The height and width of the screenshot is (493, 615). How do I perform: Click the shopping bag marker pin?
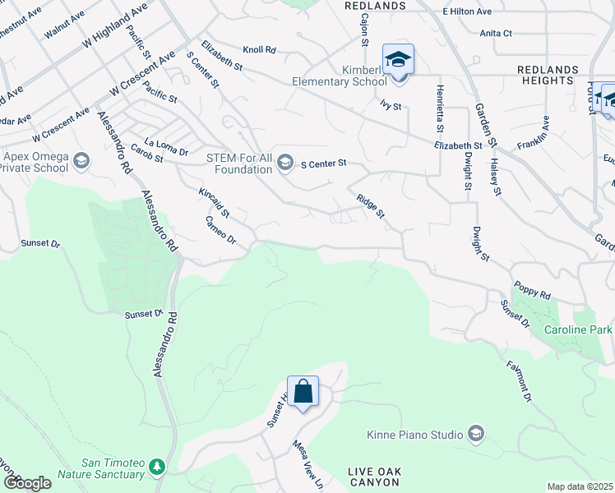coord(303,392)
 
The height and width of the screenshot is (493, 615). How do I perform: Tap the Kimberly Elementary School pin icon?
coord(399,61)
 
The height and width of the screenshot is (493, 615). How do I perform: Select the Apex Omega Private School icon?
coord(81,161)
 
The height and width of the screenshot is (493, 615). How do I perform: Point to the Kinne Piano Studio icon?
coord(475,433)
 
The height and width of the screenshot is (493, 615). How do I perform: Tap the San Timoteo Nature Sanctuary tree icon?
coord(156,468)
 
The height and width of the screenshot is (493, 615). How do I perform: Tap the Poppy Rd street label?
coord(532,293)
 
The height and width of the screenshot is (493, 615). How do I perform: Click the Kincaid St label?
coord(214,202)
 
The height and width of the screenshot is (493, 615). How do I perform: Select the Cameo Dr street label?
coord(220,230)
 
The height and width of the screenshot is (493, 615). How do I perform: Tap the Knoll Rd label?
coord(259,50)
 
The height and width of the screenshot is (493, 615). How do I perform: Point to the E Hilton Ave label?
coord(466,12)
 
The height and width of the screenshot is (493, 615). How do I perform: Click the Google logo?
coord(27,483)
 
